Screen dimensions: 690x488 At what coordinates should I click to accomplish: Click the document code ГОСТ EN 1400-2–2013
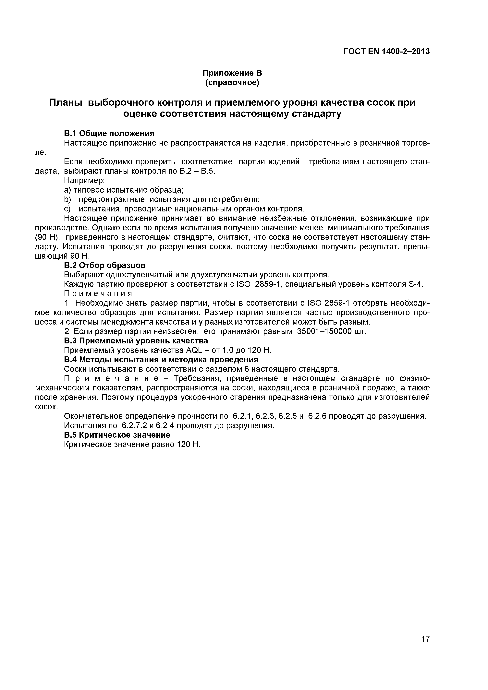tap(386, 52)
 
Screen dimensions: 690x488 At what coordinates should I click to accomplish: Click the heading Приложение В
tap(232, 73)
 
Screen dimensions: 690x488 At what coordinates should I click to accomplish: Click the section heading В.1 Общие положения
tap(109, 133)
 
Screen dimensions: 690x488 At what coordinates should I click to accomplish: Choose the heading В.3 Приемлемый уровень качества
tap(136, 341)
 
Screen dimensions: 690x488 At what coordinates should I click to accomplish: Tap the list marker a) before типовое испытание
tap(67, 190)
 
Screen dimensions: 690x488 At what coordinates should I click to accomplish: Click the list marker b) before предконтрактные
tap(67, 200)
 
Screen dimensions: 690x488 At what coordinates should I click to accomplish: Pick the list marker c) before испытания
tap(67, 209)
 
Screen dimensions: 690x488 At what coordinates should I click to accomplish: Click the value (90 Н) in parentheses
tap(47, 237)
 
